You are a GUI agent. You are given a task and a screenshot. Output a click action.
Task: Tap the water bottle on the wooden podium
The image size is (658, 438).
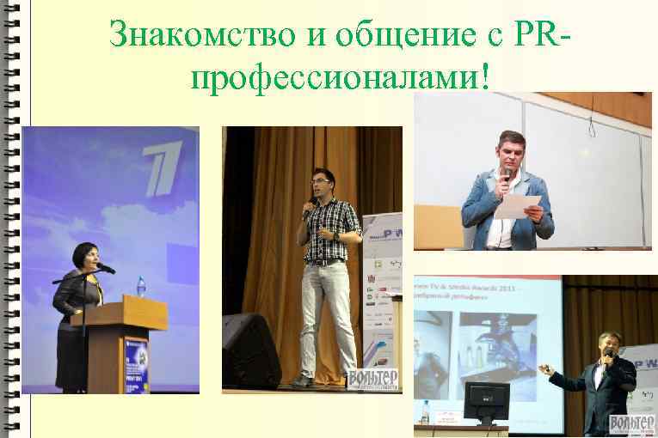click(140, 286)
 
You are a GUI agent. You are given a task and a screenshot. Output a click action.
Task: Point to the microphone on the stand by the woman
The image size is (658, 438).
click(105, 268)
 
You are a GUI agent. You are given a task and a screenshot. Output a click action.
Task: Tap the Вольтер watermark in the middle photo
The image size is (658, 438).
click(373, 379)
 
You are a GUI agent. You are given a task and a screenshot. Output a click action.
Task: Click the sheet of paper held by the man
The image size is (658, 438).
click(522, 207)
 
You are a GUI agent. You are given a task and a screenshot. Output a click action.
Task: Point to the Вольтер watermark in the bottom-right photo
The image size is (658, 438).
click(632, 424)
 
